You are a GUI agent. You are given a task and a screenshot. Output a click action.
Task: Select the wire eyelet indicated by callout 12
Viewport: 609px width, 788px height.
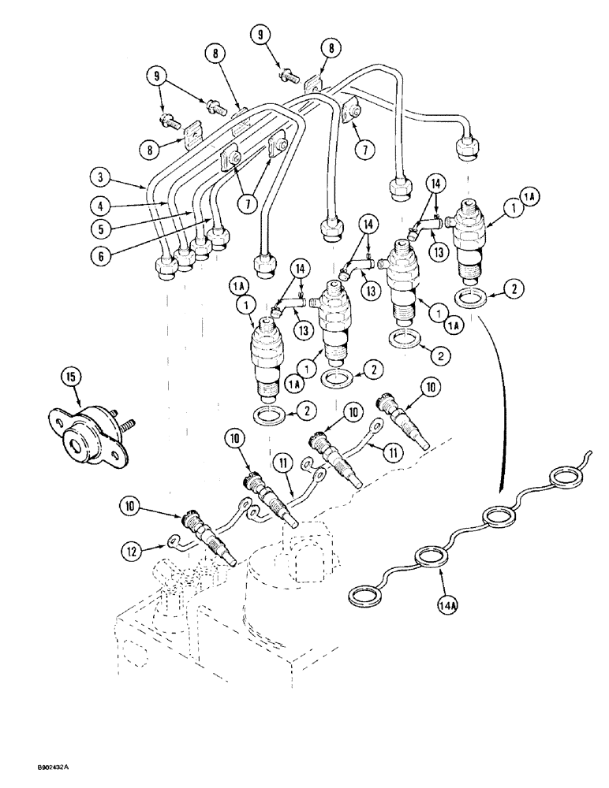coord(174,541)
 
